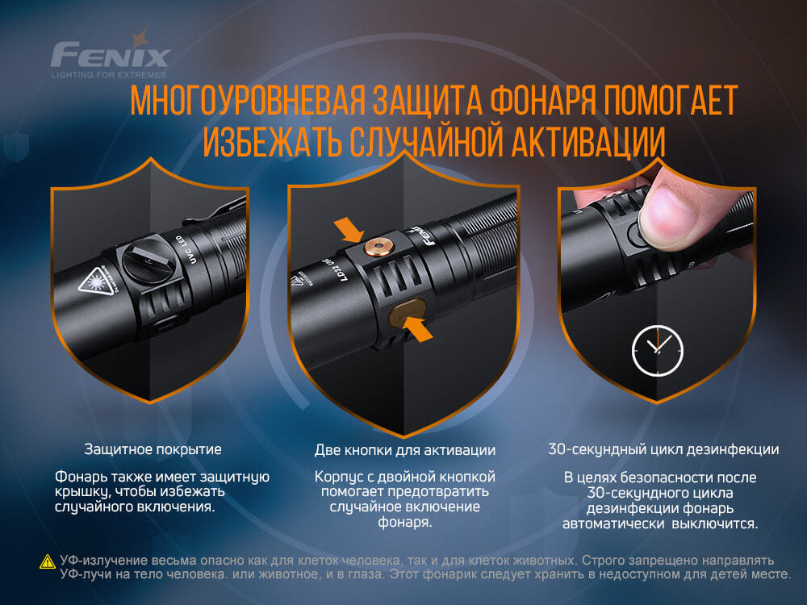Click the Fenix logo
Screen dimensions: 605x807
click(111, 55)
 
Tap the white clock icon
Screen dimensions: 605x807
click(657, 350)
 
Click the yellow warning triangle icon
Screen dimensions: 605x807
click(46, 562)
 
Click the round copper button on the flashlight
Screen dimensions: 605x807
click(378, 247)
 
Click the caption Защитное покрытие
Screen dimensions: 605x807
click(153, 449)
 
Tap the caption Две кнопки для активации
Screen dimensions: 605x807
click(405, 449)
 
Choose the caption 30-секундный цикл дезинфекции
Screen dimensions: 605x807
click(663, 449)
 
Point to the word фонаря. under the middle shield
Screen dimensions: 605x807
click(405, 522)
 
